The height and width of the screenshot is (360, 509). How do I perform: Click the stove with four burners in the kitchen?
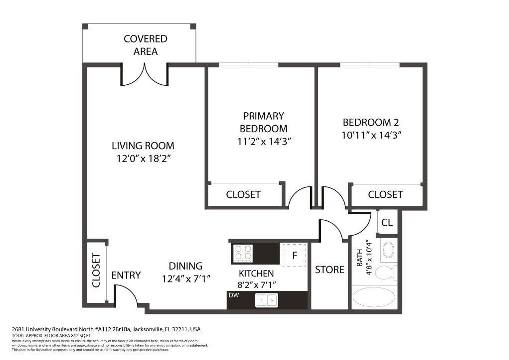tap(243, 252)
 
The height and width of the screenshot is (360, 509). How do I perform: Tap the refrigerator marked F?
tap(294, 255)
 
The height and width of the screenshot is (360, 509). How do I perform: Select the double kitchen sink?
tap(267, 300)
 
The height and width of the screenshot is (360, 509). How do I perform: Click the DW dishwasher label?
tap(234, 295)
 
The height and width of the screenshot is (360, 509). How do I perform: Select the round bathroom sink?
tap(388, 249)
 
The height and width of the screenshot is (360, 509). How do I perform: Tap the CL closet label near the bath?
tap(387, 222)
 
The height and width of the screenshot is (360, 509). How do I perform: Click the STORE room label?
tap(329, 270)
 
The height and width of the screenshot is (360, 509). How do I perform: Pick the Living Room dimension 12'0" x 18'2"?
tap(144, 159)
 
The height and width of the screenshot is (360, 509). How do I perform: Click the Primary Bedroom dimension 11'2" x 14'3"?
tap(264, 142)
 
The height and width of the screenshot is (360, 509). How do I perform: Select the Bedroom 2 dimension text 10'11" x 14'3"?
tap(371, 135)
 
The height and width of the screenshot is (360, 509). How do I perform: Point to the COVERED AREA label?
tap(145, 45)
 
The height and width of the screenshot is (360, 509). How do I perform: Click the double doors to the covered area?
tap(144, 75)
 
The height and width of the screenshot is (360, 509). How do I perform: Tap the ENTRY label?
tap(126, 275)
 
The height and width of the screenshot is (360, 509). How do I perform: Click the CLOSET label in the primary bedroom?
tap(243, 195)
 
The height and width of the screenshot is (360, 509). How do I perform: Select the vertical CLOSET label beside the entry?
tap(96, 270)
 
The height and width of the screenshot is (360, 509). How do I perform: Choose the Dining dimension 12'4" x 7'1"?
tap(186, 279)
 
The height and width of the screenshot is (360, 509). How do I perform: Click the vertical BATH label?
tap(360, 258)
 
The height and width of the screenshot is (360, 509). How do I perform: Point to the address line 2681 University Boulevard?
tap(106, 329)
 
